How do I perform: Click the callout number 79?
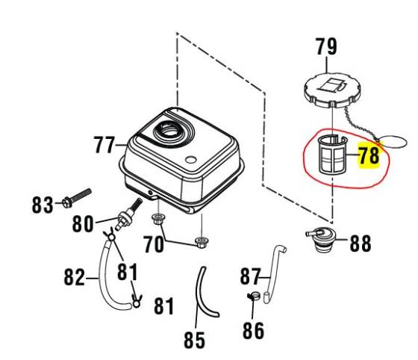click(x=326, y=46)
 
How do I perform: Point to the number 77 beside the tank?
click(x=106, y=144)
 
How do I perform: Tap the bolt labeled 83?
click(x=77, y=197)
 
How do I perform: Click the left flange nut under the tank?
click(x=157, y=219)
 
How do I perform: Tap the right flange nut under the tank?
click(x=200, y=240)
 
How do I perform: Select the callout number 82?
click(x=75, y=277)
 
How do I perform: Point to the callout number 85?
click(x=194, y=341)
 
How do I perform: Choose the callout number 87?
click(x=251, y=276)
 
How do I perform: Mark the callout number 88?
click(x=360, y=243)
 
